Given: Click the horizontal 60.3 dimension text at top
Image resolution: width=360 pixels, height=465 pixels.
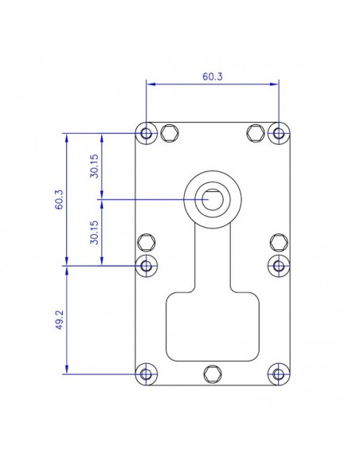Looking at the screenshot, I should [213, 77].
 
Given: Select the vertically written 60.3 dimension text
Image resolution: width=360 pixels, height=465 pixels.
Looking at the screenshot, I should [58, 199].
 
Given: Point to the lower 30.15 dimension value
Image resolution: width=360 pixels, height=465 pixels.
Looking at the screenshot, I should [95, 232].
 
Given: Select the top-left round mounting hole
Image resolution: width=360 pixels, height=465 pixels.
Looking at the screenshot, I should [147, 132].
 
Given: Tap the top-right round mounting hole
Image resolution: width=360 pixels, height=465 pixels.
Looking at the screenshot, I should [278, 132].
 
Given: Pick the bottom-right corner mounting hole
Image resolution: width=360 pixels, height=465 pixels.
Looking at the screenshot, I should [278, 373].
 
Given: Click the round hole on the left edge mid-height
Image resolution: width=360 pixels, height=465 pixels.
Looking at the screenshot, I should [147, 264].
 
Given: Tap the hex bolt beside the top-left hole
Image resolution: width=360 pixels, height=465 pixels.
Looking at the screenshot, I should [169, 132].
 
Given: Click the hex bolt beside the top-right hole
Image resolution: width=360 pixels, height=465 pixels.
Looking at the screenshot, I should [255, 132].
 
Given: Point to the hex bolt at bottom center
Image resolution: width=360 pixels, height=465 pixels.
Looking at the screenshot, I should [212, 373].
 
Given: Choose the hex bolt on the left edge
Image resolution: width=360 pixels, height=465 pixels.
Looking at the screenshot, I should [147, 242].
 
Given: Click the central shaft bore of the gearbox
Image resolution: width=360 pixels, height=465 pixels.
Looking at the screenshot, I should [212, 198].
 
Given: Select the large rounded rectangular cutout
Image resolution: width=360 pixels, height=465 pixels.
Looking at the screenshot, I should [212, 326].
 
